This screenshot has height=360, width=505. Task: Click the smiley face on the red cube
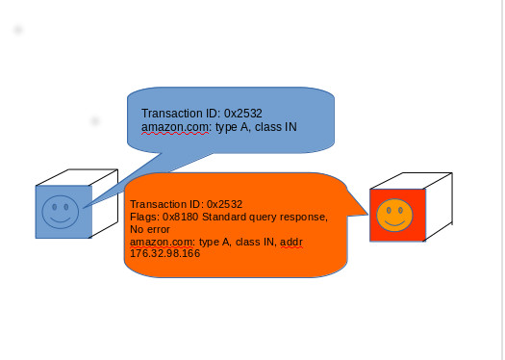[393, 215]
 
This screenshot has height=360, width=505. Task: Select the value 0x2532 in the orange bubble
[224, 205]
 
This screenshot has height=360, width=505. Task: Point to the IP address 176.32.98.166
[165, 254]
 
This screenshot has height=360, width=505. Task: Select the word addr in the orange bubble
[290, 243]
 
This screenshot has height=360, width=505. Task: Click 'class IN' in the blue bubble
[275, 127]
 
